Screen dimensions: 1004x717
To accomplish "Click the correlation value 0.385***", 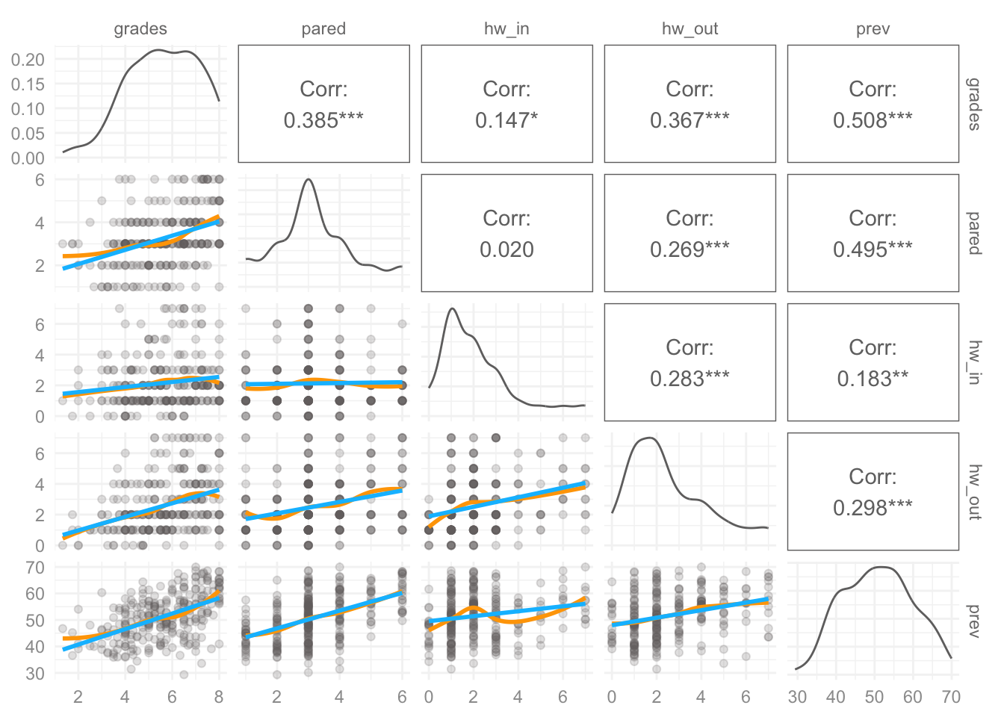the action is tap(323, 120).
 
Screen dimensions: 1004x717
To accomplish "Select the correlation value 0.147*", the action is tap(506, 120).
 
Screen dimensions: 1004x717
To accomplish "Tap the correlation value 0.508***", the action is tap(873, 120).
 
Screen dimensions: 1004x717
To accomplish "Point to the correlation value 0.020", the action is tap(506, 249).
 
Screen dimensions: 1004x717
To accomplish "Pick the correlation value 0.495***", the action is tap(873, 249).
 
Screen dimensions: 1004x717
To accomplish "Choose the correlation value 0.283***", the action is tap(690, 378).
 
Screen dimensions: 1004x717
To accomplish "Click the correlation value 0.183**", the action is tap(873, 378).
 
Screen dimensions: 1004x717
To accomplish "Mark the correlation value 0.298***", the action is tap(873, 507).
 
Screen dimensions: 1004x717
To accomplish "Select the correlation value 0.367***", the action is tap(690, 120).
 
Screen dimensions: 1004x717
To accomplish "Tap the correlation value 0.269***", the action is tap(690, 249).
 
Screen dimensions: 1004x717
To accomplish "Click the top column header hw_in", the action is tap(506, 28).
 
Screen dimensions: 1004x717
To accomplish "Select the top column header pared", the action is tap(323, 29).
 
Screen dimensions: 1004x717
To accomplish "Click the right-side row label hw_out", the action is tap(974, 491).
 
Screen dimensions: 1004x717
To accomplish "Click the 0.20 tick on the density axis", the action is tap(28, 60).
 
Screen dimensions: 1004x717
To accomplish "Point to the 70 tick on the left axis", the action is tap(35, 568).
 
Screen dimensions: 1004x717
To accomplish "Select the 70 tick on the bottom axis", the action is tap(951, 697).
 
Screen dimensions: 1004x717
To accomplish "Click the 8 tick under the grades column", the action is tap(219, 697).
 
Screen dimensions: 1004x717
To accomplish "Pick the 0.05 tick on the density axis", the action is tap(28, 134).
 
